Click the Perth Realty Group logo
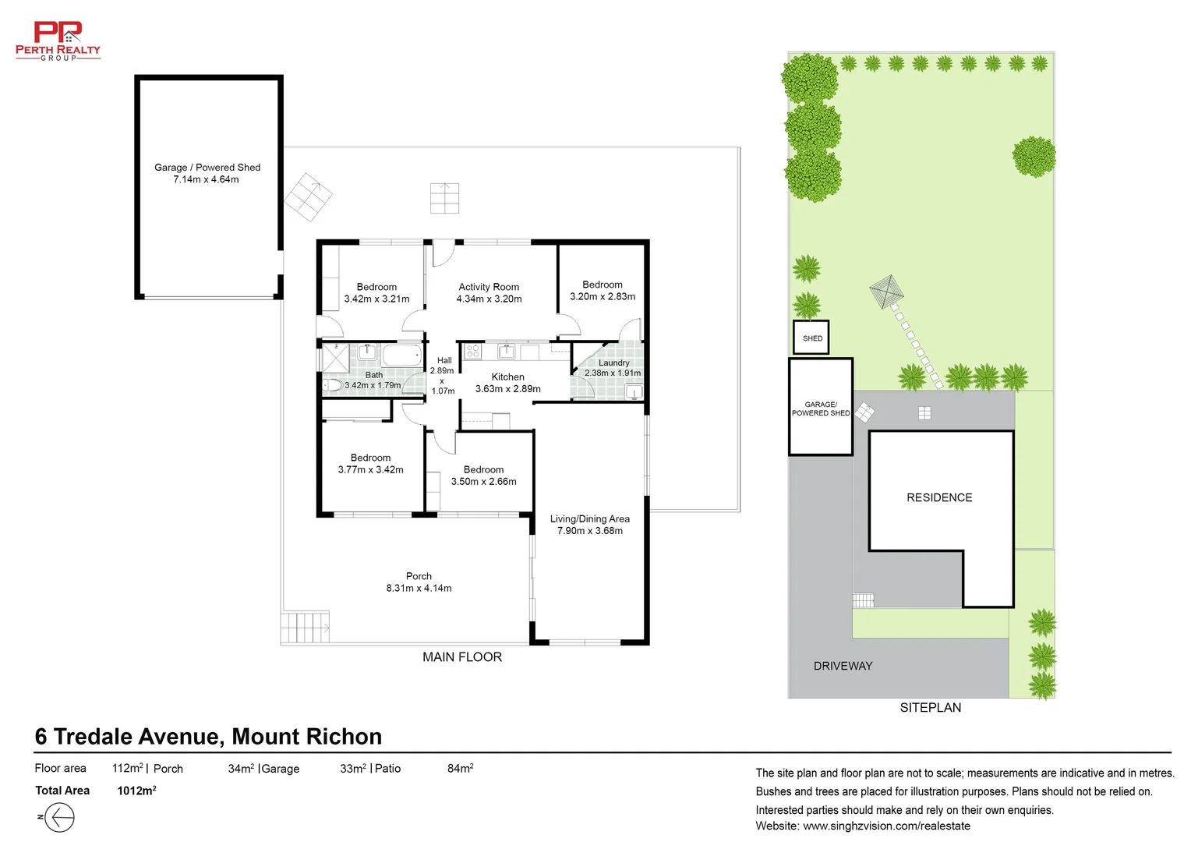pyautogui.click(x=58, y=41)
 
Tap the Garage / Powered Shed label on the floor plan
pyautogui.click(x=207, y=168)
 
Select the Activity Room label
pyautogui.click(x=489, y=287)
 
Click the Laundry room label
pyautogui.click(x=613, y=363)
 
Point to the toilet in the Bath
pyautogui.click(x=332, y=385)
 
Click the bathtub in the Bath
pyautogui.click(x=401, y=356)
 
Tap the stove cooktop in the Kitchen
pyautogui.click(x=472, y=351)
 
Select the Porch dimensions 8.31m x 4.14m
pyautogui.click(x=419, y=589)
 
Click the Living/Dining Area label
pyautogui.click(x=589, y=518)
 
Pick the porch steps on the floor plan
pyautogui.click(x=305, y=628)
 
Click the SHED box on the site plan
pyautogui.click(x=811, y=338)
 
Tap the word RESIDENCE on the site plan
pyautogui.click(x=939, y=498)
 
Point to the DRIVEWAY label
pyautogui.click(x=843, y=666)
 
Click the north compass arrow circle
pyautogui.click(x=59, y=817)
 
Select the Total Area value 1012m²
pyautogui.click(x=136, y=791)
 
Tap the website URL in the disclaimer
pyautogui.click(x=886, y=826)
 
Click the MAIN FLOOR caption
pyautogui.click(x=462, y=657)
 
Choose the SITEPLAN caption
pyautogui.click(x=931, y=708)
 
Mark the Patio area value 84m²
pyautogui.click(x=461, y=768)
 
